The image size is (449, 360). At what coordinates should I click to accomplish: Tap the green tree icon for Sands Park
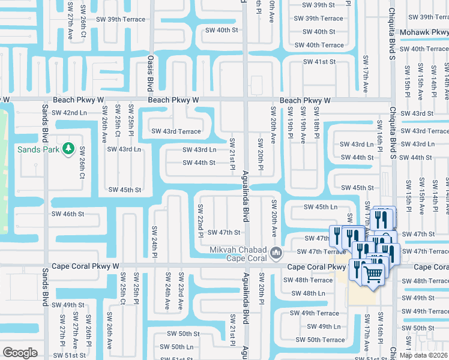coord(68,148)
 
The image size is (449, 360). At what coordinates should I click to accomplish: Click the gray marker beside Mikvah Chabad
coord(276,252)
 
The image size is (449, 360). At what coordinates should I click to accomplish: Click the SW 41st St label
coord(318,62)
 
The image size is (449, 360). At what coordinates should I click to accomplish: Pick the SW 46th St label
coord(68,214)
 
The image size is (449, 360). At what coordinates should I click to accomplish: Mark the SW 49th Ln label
coord(321,326)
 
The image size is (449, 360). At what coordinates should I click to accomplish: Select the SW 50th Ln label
coord(176,347)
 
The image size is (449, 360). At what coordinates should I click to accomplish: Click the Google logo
coord(20,352)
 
